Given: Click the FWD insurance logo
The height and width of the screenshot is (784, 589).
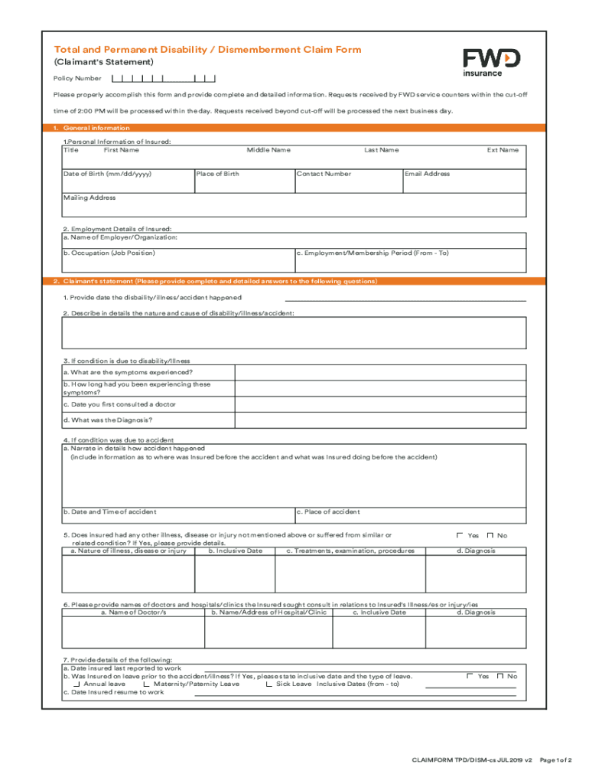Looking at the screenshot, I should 492,62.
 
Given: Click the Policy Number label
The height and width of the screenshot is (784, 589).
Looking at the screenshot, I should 77,78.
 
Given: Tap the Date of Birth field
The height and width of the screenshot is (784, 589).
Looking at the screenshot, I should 127,181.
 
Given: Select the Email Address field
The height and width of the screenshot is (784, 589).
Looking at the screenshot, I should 464,181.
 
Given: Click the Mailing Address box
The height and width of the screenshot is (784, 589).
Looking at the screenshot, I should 294,205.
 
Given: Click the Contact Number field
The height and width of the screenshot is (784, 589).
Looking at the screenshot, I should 348,181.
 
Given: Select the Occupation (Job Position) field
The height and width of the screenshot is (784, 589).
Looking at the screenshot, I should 177,260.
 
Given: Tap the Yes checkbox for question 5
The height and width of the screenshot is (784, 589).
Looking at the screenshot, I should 460,535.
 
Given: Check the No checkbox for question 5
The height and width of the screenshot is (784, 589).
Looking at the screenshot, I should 490,535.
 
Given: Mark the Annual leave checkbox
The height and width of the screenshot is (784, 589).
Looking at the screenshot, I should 76,684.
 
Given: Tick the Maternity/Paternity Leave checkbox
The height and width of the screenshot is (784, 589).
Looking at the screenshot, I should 146,684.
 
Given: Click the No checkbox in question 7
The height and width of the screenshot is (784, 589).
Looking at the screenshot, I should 500,676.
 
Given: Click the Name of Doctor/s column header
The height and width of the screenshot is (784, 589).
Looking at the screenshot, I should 133,612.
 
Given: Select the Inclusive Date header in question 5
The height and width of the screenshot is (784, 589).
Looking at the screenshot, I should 239,550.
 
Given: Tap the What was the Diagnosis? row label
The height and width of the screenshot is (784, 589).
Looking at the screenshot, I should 108,420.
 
